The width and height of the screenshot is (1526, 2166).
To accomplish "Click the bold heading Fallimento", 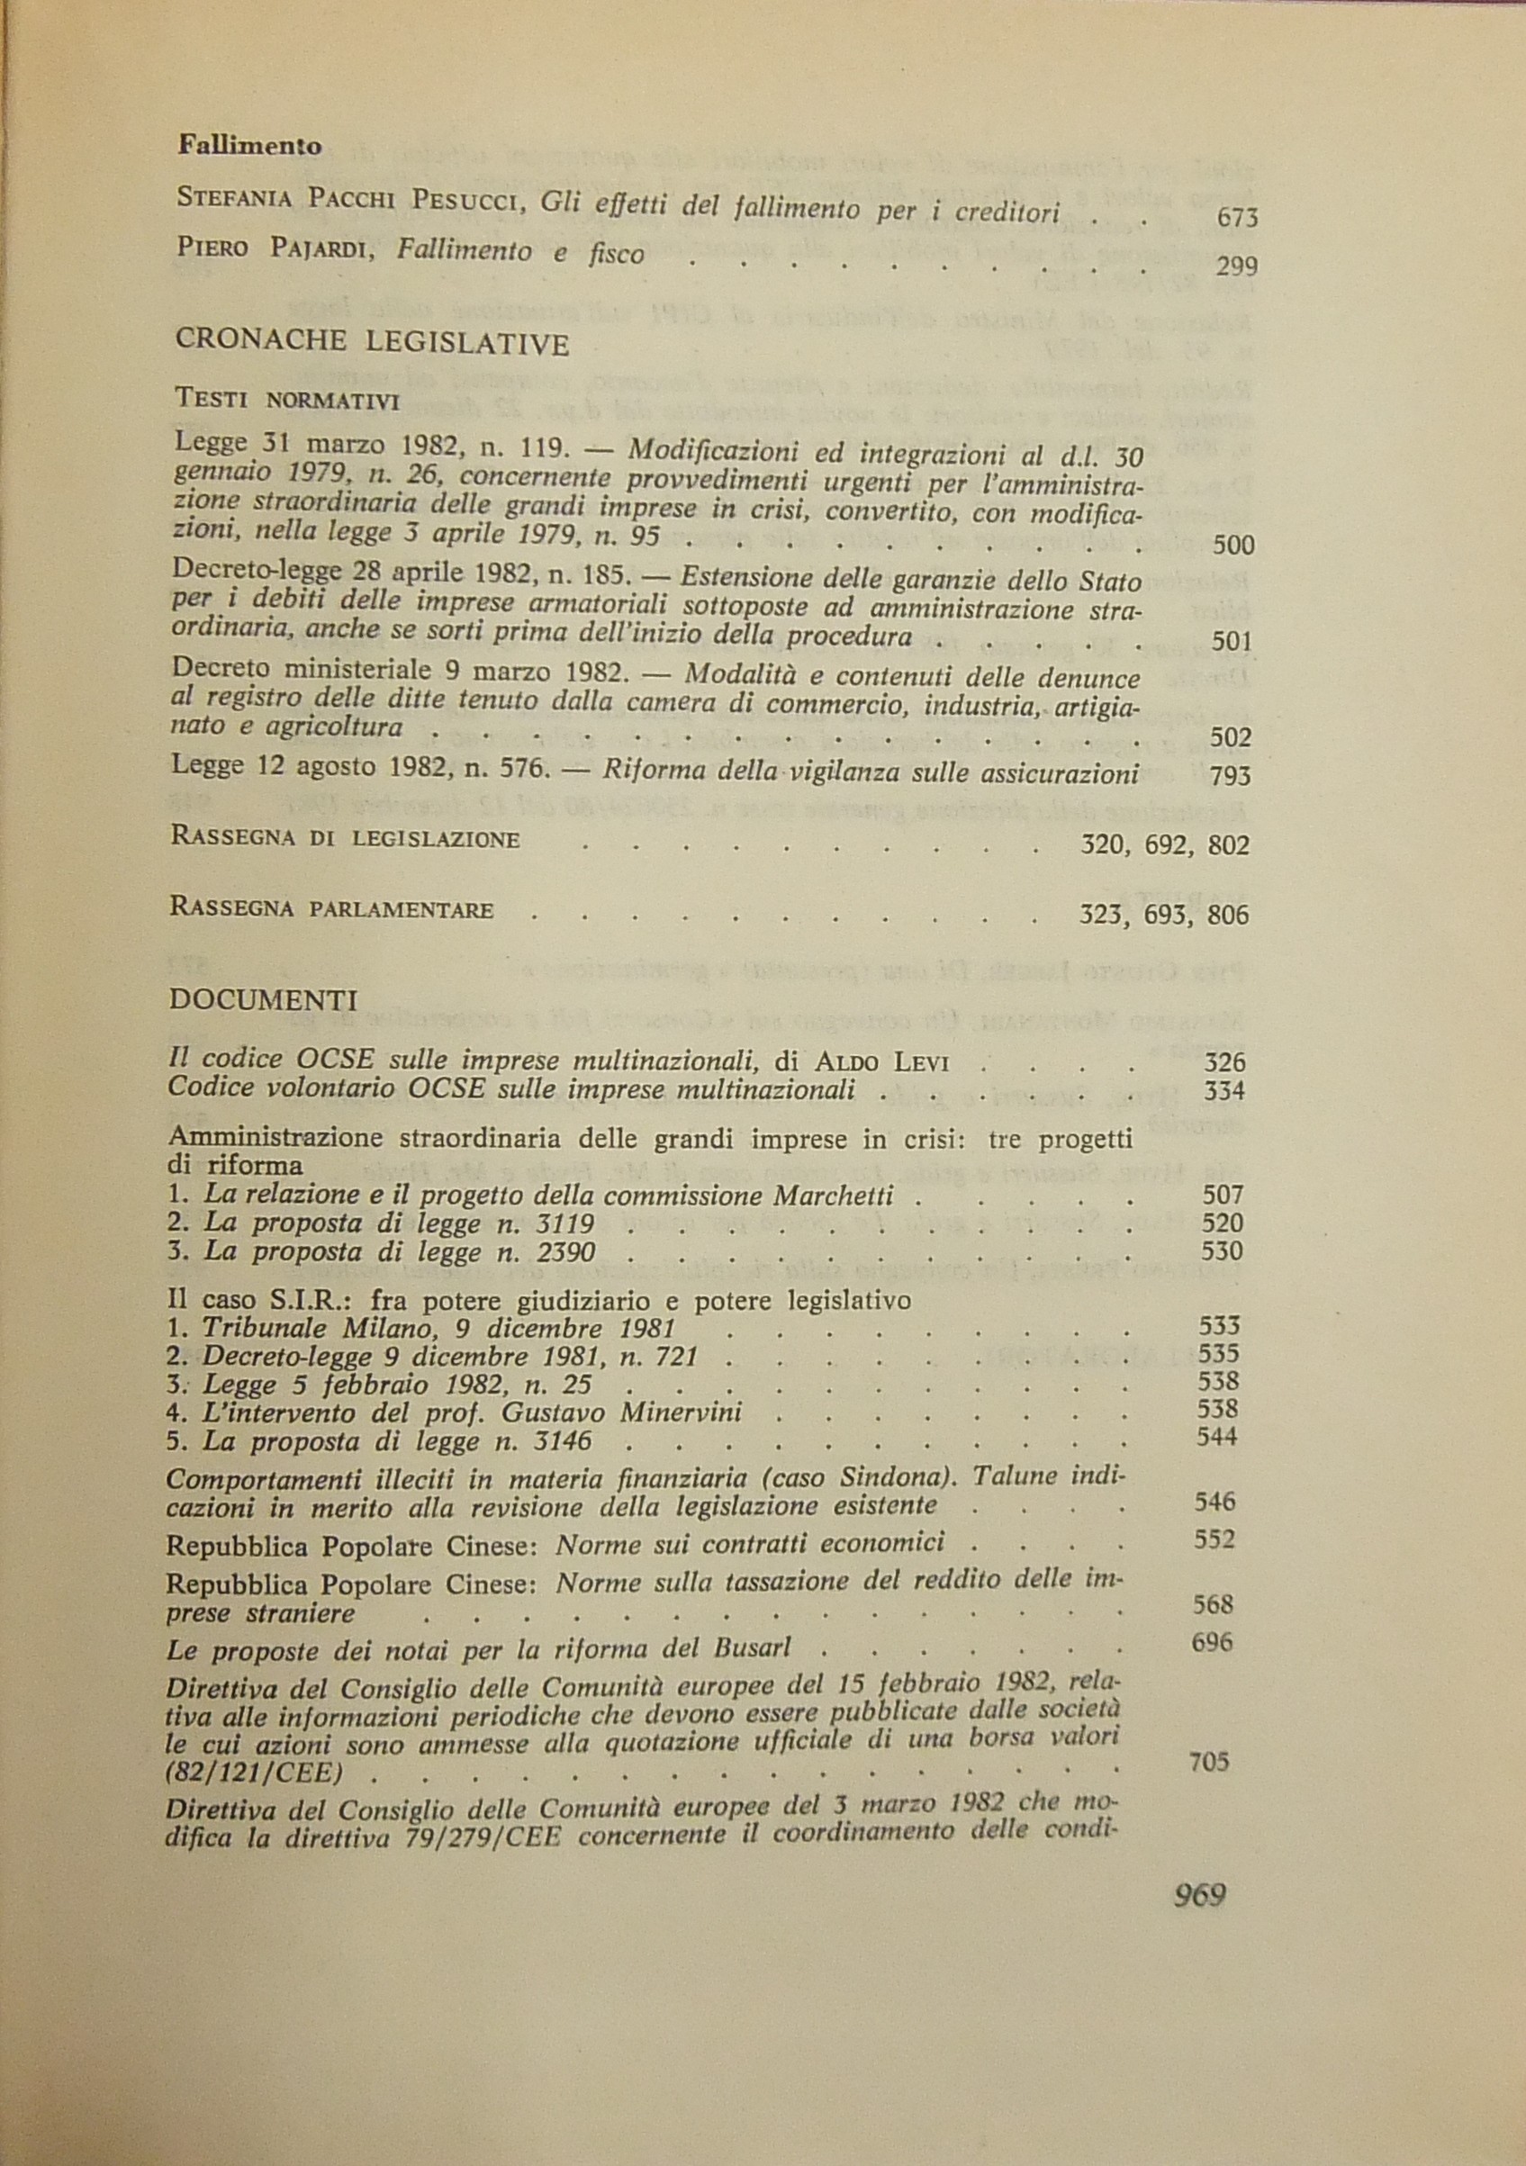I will tap(250, 146).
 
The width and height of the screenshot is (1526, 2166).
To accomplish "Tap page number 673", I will tap(1237, 219).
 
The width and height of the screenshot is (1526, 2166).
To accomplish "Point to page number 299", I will tap(1236, 267).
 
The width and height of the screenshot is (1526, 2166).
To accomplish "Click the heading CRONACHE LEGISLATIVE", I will tap(373, 342).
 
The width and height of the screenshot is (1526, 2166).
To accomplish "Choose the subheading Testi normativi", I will tap(288, 399).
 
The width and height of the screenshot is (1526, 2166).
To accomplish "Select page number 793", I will tap(1229, 776).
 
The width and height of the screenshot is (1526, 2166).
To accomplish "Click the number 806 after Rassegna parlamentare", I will tap(1227, 914).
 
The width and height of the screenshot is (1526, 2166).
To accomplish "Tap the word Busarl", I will tap(750, 1648).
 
